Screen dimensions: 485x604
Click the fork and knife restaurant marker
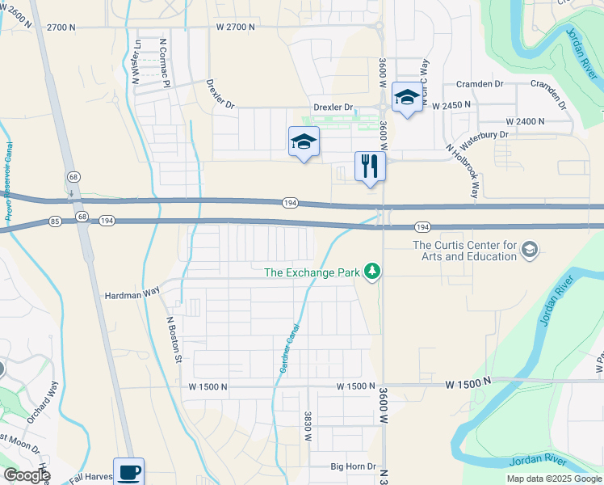370,167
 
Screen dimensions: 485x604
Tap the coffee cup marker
128,471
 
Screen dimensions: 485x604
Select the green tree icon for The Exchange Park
372,272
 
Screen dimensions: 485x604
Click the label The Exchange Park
312,272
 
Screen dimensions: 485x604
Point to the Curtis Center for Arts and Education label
464,251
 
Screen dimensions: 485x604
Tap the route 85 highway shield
55,220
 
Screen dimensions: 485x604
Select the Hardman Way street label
131,295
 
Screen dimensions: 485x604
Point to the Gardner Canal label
290,348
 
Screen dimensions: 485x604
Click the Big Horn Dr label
354,466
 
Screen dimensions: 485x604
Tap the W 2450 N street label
455,106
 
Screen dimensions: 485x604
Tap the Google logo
27,475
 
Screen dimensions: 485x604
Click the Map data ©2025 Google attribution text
553,479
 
